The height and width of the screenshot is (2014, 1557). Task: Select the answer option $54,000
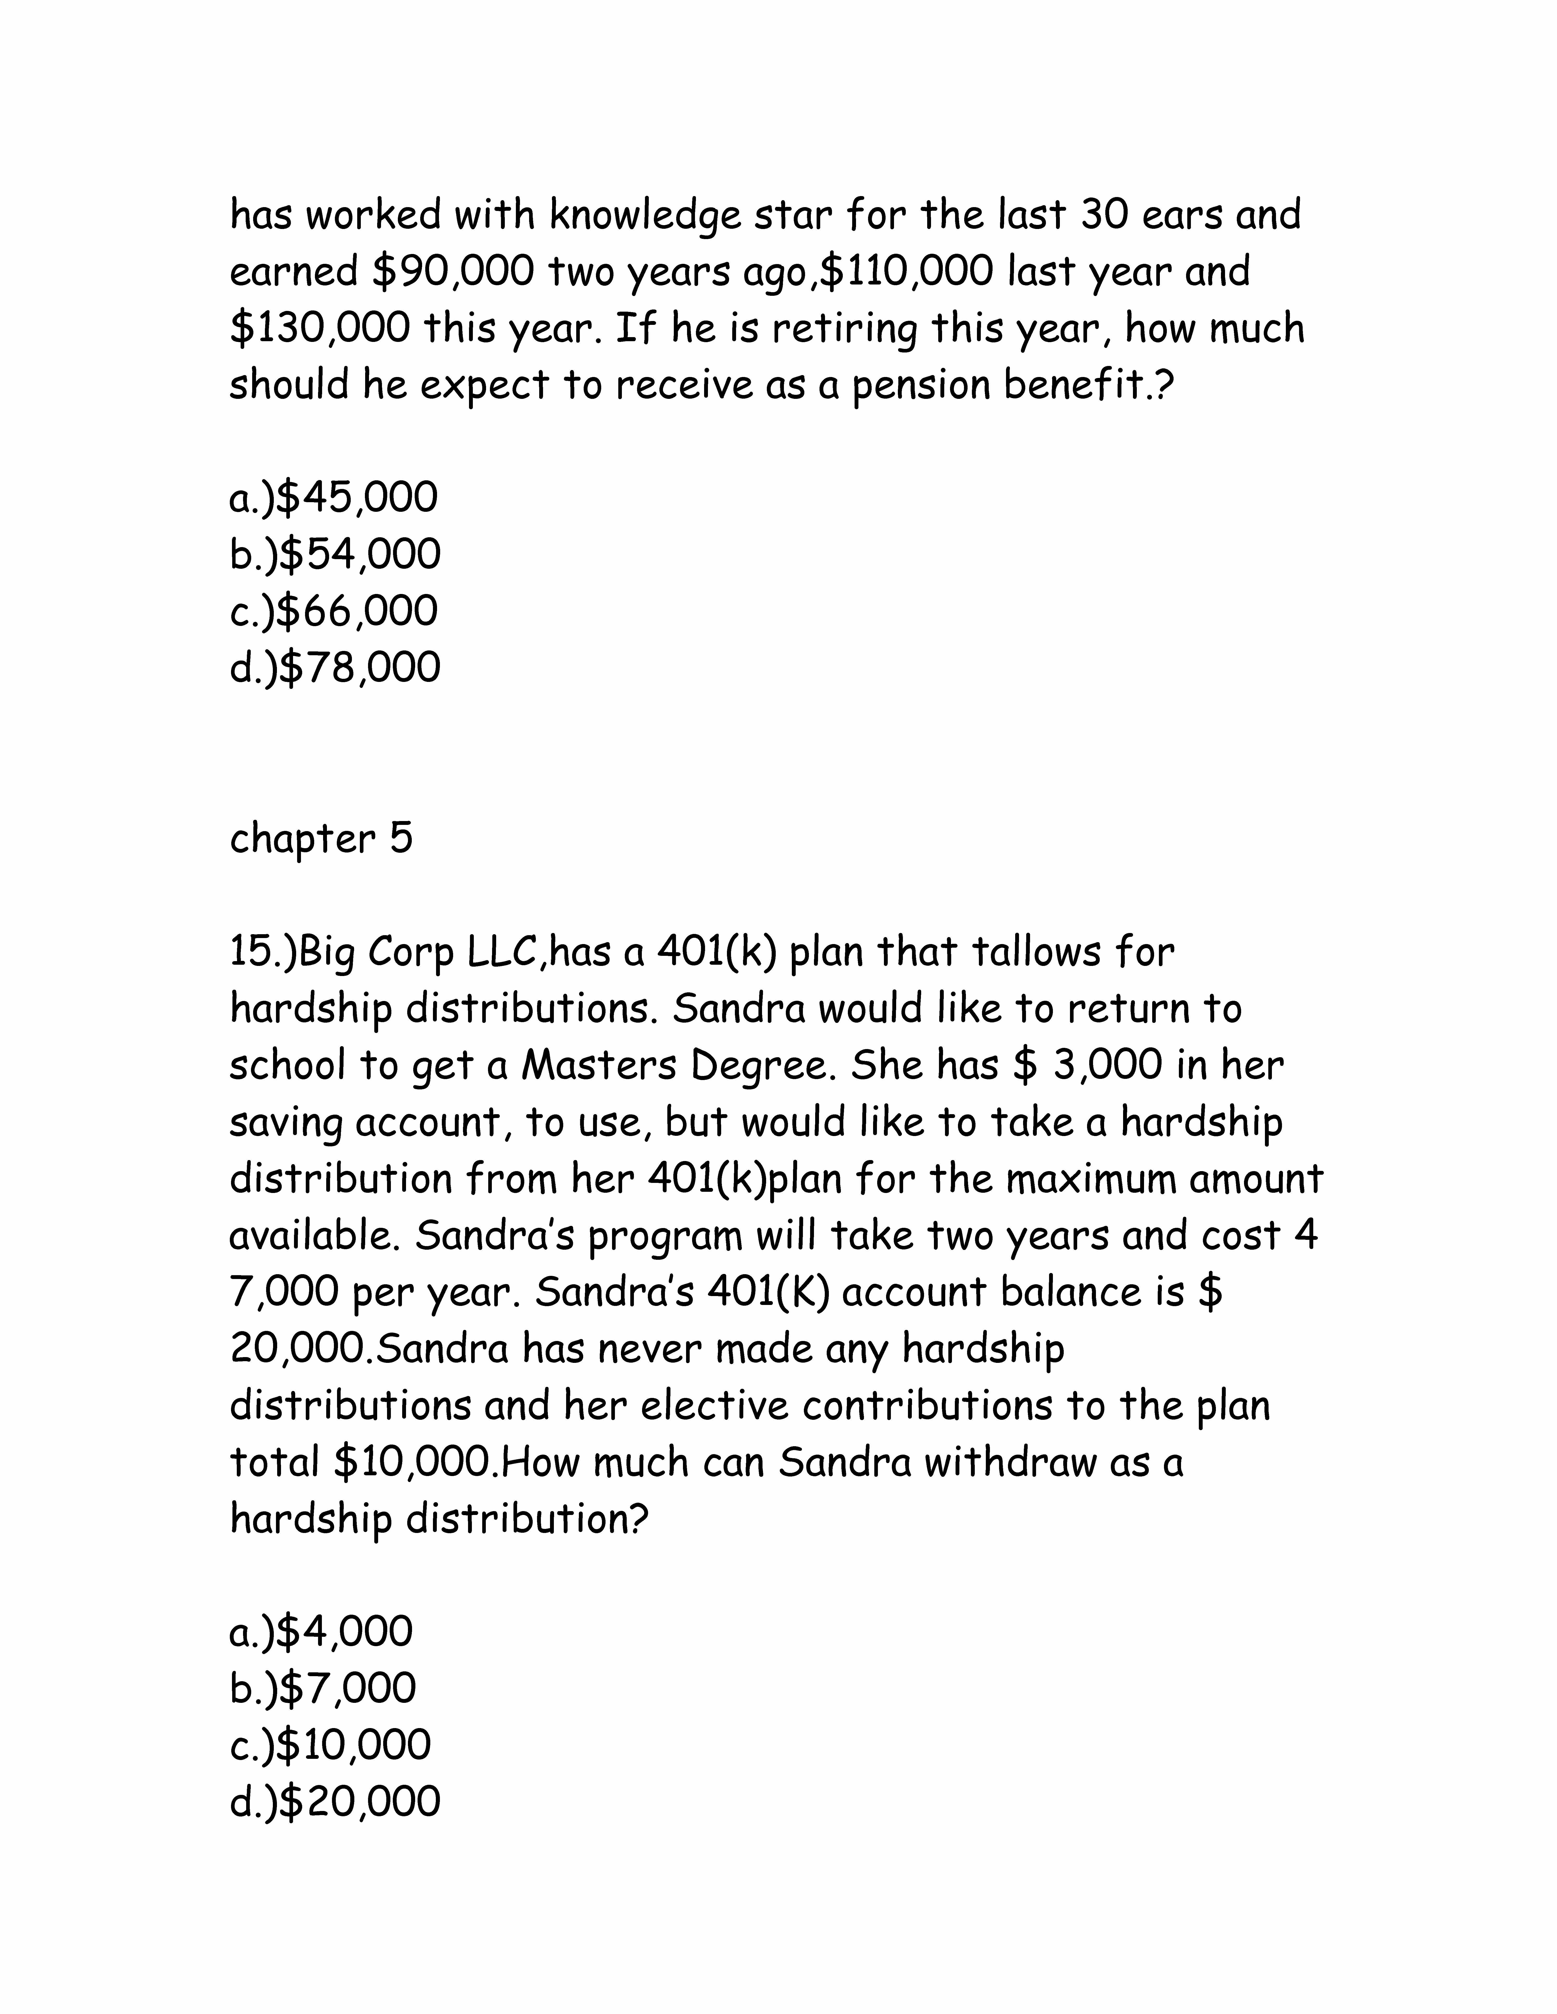[335, 554]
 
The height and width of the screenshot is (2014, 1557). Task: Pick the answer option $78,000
[335, 668]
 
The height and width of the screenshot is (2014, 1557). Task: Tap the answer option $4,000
[321, 1631]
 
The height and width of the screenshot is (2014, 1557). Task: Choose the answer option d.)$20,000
[335, 1802]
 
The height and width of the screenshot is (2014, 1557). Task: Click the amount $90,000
[454, 272]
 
